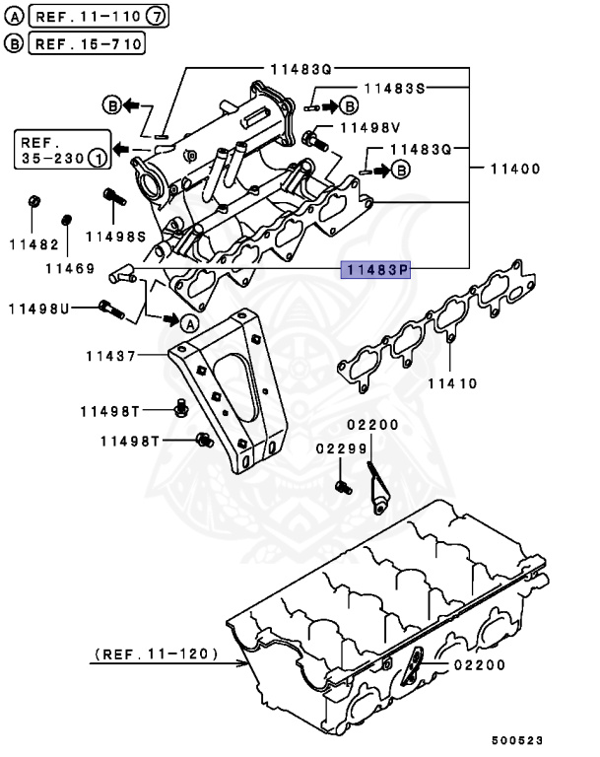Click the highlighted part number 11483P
(x=374, y=269)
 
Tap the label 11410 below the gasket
(x=452, y=382)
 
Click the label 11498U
(x=39, y=309)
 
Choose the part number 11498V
(x=370, y=128)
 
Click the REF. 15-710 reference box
(x=88, y=43)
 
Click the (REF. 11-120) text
(x=156, y=654)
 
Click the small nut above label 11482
(x=33, y=202)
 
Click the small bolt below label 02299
(x=340, y=486)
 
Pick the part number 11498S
(x=115, y=237)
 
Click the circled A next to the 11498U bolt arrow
(x=188, y=321)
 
